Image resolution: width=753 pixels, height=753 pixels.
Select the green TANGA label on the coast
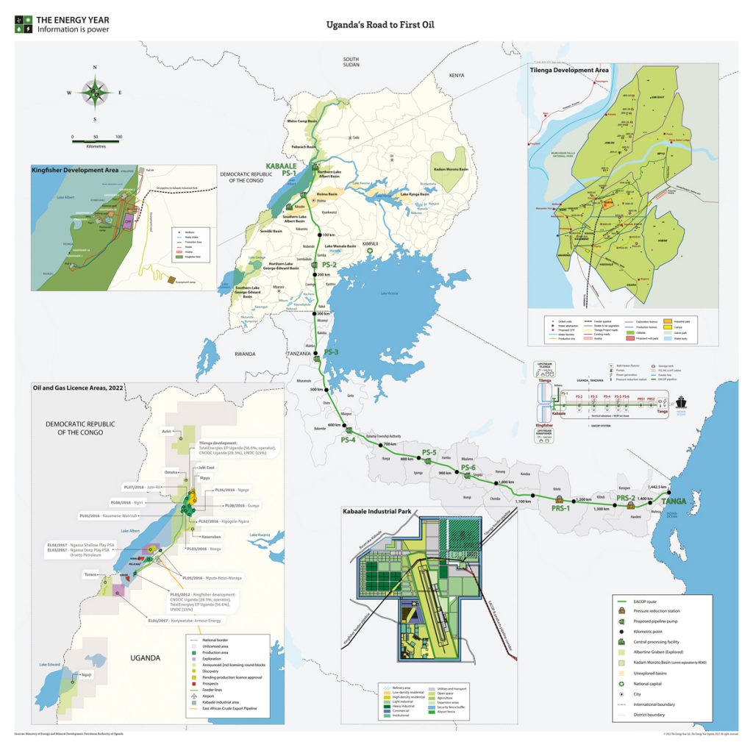674,502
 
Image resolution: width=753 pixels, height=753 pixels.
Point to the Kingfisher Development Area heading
76,170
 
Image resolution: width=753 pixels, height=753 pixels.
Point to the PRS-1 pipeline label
560,509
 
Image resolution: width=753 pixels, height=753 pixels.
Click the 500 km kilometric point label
317,389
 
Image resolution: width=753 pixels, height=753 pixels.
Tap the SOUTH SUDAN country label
350,63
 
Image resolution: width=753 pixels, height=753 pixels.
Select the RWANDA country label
244,354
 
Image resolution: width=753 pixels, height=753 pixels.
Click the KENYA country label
457,75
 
